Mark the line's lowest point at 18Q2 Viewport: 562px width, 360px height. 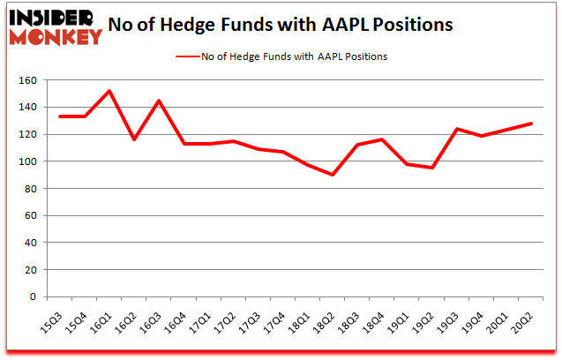332,175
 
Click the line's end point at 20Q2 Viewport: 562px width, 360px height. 531,124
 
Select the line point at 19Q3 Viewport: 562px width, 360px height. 456,129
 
